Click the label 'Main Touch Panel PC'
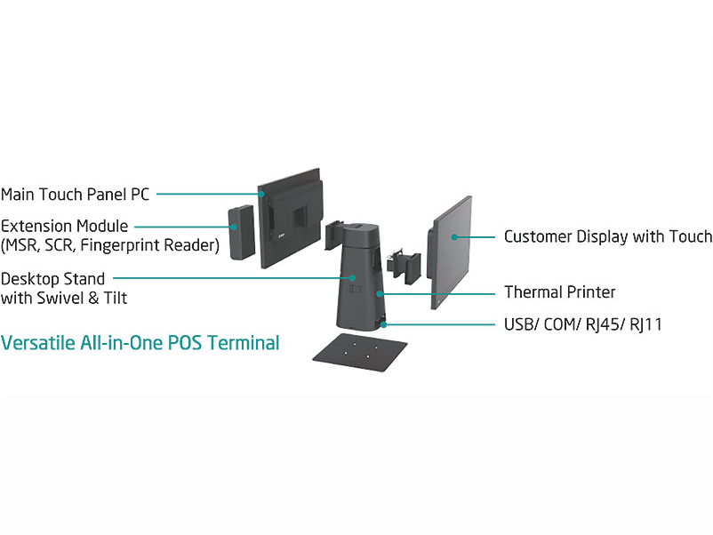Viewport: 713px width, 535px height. [x=75, y=194]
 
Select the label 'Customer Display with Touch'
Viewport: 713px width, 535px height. [x=607, y=236]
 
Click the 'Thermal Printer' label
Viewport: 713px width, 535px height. [x=559, y=291]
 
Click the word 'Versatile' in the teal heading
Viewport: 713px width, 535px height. [x=36, y=342]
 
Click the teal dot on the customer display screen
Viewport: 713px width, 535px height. [x=454, y=236]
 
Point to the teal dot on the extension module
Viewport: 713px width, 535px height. [x=235, y=227]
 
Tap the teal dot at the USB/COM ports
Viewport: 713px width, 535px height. [x=384, y=324]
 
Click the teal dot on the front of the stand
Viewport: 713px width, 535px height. [x=352, y=278]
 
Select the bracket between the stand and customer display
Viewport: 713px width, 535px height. [x=407, y=265]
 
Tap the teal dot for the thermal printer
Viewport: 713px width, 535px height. [x=381, y=291]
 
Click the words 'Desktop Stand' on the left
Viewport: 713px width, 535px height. [x=52, y=279]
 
